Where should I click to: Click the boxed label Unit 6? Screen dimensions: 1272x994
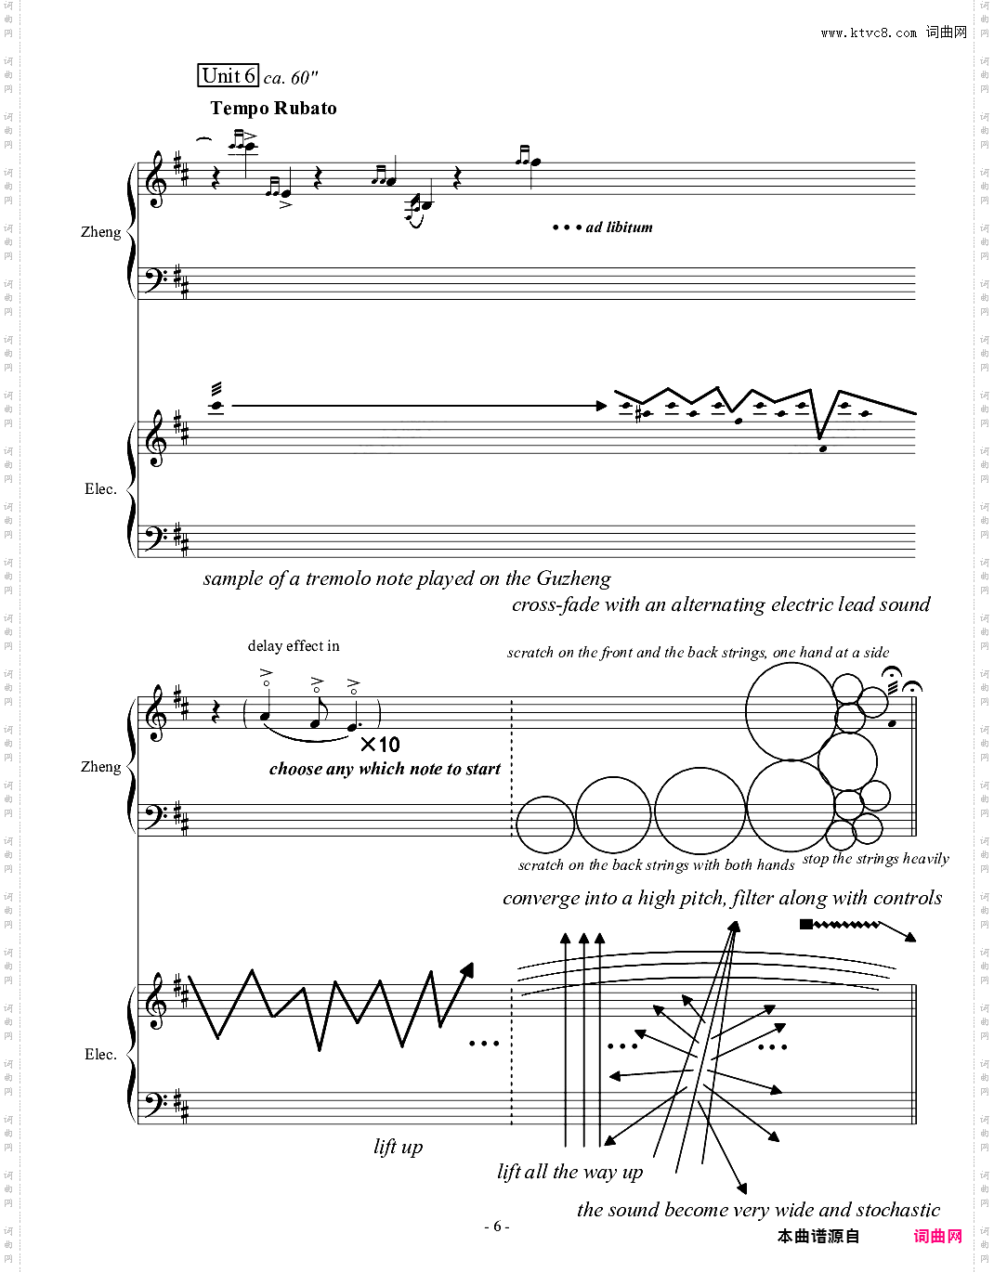(x=228, y=76)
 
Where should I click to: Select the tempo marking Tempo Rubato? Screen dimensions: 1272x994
(x=273, y=108)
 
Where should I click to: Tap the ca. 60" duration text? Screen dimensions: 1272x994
(x=291, y=78)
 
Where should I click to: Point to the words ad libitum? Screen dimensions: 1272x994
(x=619, y=227)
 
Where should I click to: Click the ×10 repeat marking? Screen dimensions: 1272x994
(x=380, y=745)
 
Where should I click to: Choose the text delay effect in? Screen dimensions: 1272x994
(x=294, y=646)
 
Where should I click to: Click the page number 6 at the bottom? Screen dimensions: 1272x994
(x=497, y=1227)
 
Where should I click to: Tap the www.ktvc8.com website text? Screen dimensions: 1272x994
(x=869, y=32)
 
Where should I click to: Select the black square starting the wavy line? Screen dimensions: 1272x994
(x=806, y=925)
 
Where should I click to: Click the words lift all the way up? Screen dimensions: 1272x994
(x=569, y=1172)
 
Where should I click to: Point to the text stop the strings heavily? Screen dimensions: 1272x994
(x=876, y=859)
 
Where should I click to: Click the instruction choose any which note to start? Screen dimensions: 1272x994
(x=385, y=769)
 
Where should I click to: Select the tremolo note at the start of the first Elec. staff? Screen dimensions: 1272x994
(x=216, y=405)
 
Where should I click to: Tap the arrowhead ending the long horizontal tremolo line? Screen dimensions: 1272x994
(x=602, y=406)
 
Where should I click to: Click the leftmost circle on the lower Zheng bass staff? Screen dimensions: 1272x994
(x=545, y=824)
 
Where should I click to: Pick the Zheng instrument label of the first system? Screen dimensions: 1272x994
(x=100, y=232)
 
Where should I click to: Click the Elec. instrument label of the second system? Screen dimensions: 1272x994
(x=100, y=1055)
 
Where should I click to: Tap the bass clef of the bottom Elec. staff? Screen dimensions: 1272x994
(x=155, y=1103)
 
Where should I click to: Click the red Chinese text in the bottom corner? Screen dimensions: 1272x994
(x=937, y=1237)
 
